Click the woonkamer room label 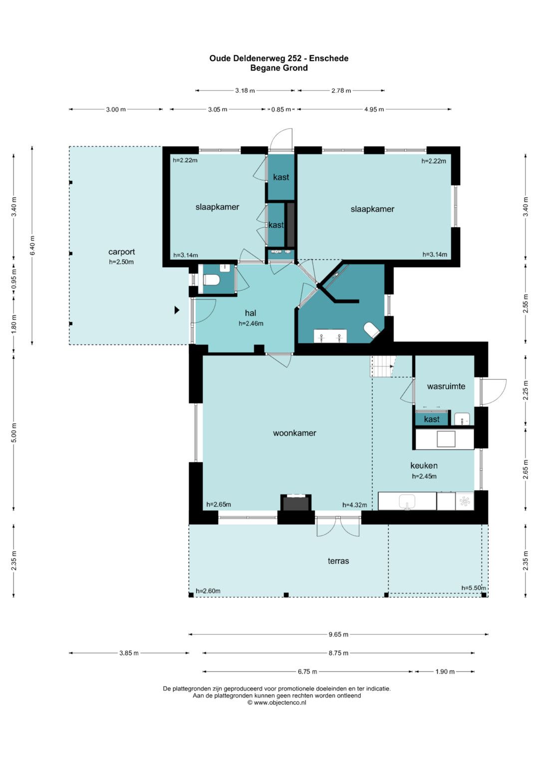(294, 433)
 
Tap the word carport (121, 252)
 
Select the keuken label (424, 465)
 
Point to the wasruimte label (446, 386)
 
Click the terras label (338, 561)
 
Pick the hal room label (251, 313)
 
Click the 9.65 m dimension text (338, 634)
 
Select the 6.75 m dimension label (307, 672)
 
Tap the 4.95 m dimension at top (374, 110)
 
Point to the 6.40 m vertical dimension (32, 245)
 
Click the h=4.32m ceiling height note (354, 505)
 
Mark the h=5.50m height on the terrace (473, 588)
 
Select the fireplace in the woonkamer (295, 502)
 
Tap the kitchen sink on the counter (407, 501)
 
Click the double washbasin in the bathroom (330, 336)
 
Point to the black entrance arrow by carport (177, 310)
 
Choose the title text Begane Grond (279, 68)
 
